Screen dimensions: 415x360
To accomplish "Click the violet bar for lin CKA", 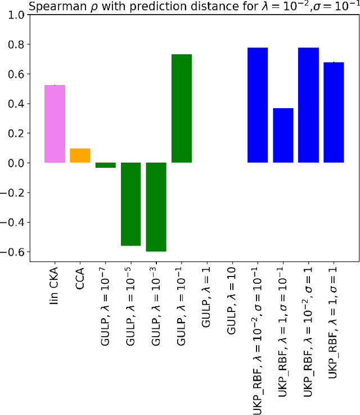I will coord(55,124).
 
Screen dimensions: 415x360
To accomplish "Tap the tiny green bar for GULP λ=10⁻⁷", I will coord(105,165).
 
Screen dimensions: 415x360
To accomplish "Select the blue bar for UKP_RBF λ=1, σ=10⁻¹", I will coord(283,135).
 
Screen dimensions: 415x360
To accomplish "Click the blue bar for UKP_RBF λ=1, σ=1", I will coord(334,113).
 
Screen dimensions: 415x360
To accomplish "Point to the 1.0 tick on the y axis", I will coord(16,15).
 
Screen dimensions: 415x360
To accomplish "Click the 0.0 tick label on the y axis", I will coord(16,163).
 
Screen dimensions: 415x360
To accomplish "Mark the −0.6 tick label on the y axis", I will coord(13,252).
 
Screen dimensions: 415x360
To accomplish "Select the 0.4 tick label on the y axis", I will coord(16,104).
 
